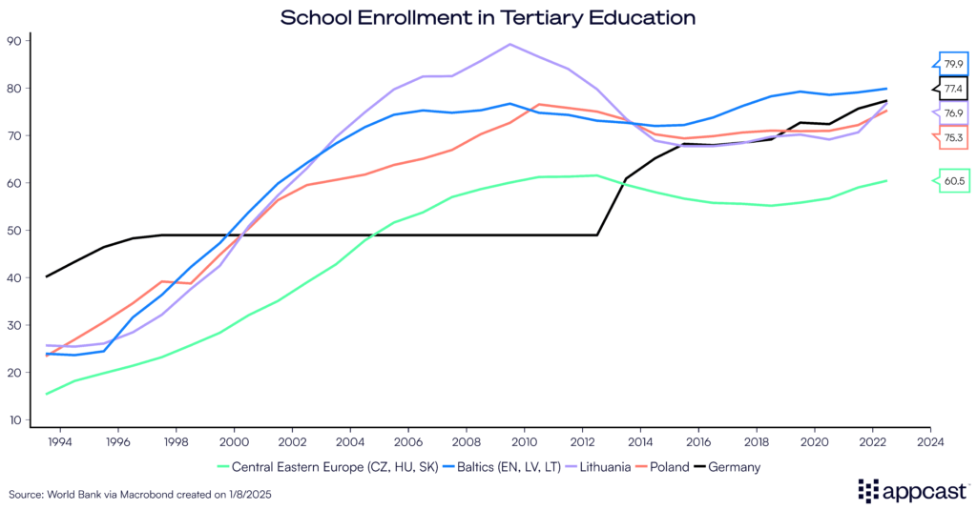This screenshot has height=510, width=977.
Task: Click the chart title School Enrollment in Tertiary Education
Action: pyautogui.click(x=488, y=17)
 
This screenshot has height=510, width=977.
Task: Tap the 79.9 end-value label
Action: pyautogui.click(x=953, y=65)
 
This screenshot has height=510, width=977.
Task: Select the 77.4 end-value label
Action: pyautogui.click(x=953, y=89)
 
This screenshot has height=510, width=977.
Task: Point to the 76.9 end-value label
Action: pyautogui.click(x=953, y=113)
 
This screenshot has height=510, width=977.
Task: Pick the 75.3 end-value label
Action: pyautogui.click(x=953, y=138)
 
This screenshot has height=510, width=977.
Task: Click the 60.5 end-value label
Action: pyautogui.click(x=953, y=179)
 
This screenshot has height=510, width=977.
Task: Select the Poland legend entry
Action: pyautogui.click(x=662, y=467)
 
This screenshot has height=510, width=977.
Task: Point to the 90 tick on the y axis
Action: pyautogui.click(x=14, y=41)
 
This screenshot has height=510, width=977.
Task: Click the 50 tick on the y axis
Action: pyautogui.click(x=14, y=231)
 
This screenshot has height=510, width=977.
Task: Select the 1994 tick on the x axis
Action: pyautogui.click(x=61, y=442)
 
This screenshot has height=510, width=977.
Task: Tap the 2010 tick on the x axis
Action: pyautogui.click(x=524, y=442)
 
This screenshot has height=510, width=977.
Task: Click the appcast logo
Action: pyautogui.click(x=911, y=490)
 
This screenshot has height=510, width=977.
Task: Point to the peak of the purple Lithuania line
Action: pyautogui.click(x=509, y=44)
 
